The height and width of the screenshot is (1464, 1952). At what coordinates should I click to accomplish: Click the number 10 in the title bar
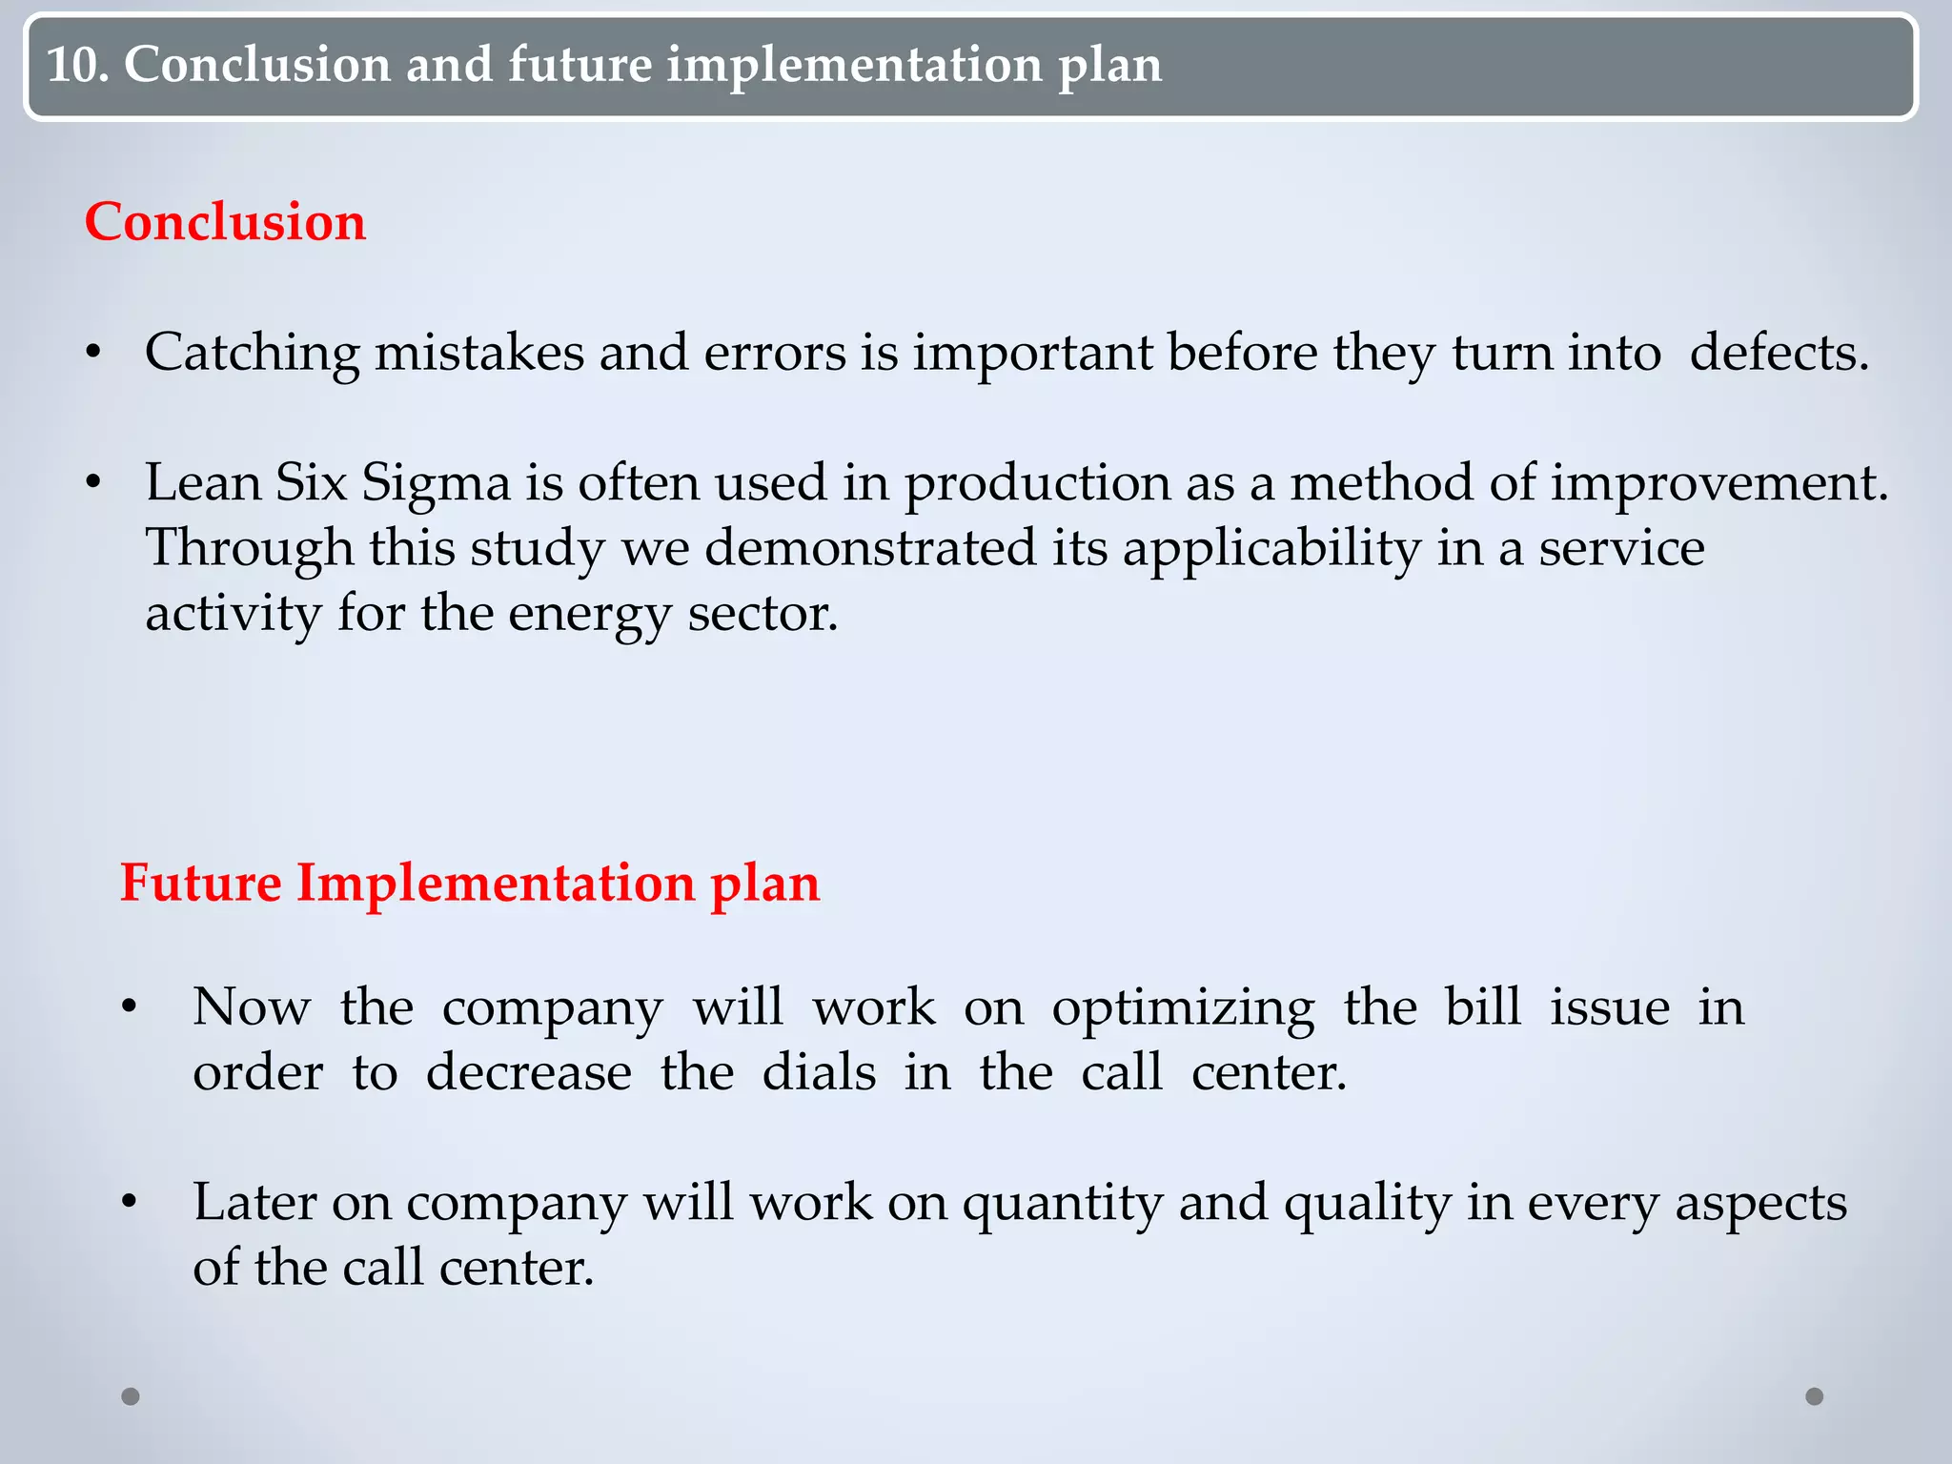[74, 65]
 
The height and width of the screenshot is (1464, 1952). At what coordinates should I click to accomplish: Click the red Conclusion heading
[225, 222]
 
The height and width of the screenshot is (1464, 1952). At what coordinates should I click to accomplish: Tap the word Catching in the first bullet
[252, 353]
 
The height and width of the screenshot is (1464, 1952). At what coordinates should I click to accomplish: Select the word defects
[1779, 353]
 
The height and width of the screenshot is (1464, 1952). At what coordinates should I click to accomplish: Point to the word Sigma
[436, 483]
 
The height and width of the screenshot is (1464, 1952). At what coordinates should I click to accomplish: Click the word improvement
[1718, 483]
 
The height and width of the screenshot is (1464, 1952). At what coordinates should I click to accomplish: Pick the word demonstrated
[869, 548]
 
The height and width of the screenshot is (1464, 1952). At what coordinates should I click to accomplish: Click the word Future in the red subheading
[200, 883]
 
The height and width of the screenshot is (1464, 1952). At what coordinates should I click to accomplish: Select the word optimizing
[1183, 1008]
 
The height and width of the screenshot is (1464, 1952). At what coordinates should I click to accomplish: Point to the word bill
[1482, 1006]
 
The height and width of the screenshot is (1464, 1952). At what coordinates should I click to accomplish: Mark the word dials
[819, 1072]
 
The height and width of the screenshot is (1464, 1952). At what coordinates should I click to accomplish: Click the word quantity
[1062, 1204]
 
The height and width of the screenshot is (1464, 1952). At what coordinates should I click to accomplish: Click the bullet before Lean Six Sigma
[93, 483]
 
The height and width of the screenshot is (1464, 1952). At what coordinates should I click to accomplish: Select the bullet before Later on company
[130, 1202]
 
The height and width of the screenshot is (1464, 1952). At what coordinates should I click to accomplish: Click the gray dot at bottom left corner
[131, 1396]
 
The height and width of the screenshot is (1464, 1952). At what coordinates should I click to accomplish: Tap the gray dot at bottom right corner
[1815, 1396]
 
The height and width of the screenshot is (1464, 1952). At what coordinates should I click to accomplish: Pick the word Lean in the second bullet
[203, 483]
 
